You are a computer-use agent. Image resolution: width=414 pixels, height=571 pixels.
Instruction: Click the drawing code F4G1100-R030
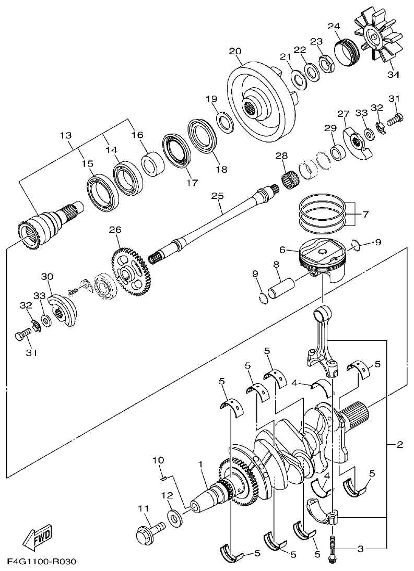42,562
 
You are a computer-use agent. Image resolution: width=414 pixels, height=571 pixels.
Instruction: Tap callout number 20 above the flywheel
234,51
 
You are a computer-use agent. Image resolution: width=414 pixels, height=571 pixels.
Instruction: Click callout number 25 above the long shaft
217,196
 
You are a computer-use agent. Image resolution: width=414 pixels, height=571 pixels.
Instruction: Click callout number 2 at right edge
399,445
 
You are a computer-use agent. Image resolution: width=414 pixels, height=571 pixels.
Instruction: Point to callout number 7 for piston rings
365,214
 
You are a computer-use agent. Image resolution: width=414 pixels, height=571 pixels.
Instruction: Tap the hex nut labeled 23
327,65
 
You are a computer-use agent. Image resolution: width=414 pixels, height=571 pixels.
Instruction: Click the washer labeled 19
225,122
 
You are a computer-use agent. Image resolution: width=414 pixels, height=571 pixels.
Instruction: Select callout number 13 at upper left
65,136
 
